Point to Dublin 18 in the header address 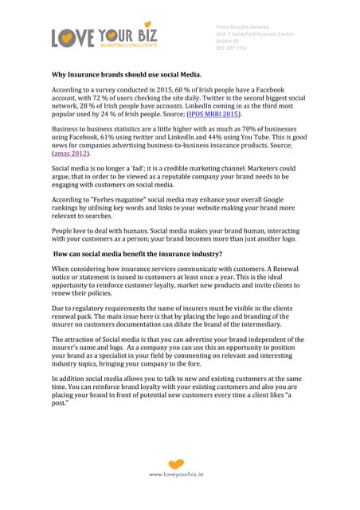coord(229,41)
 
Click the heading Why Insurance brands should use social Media coord(134,74)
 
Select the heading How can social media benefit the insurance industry coord(137,254)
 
